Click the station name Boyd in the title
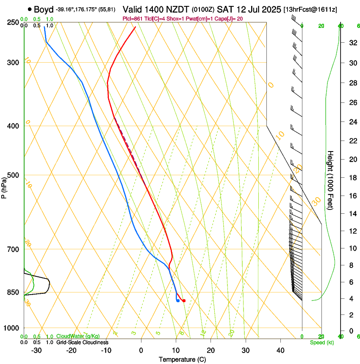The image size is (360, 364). [44, 9]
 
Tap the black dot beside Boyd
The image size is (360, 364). [30, 9]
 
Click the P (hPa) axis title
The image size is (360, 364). [4, 187]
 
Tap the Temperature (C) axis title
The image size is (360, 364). [182, 359]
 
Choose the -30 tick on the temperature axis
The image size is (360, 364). [36, 350]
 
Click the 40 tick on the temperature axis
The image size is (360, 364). [280, 350]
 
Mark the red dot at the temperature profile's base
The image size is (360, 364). [184, 301]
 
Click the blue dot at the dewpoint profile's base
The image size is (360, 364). [178, 301]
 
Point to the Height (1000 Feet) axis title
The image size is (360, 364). [331, 180]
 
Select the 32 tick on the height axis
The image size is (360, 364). [352, 43]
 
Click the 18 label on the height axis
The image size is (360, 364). [352, 178]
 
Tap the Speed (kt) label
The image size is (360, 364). [321, 342]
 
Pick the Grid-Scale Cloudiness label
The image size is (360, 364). [82, 342]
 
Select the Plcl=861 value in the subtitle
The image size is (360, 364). [133, 19]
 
